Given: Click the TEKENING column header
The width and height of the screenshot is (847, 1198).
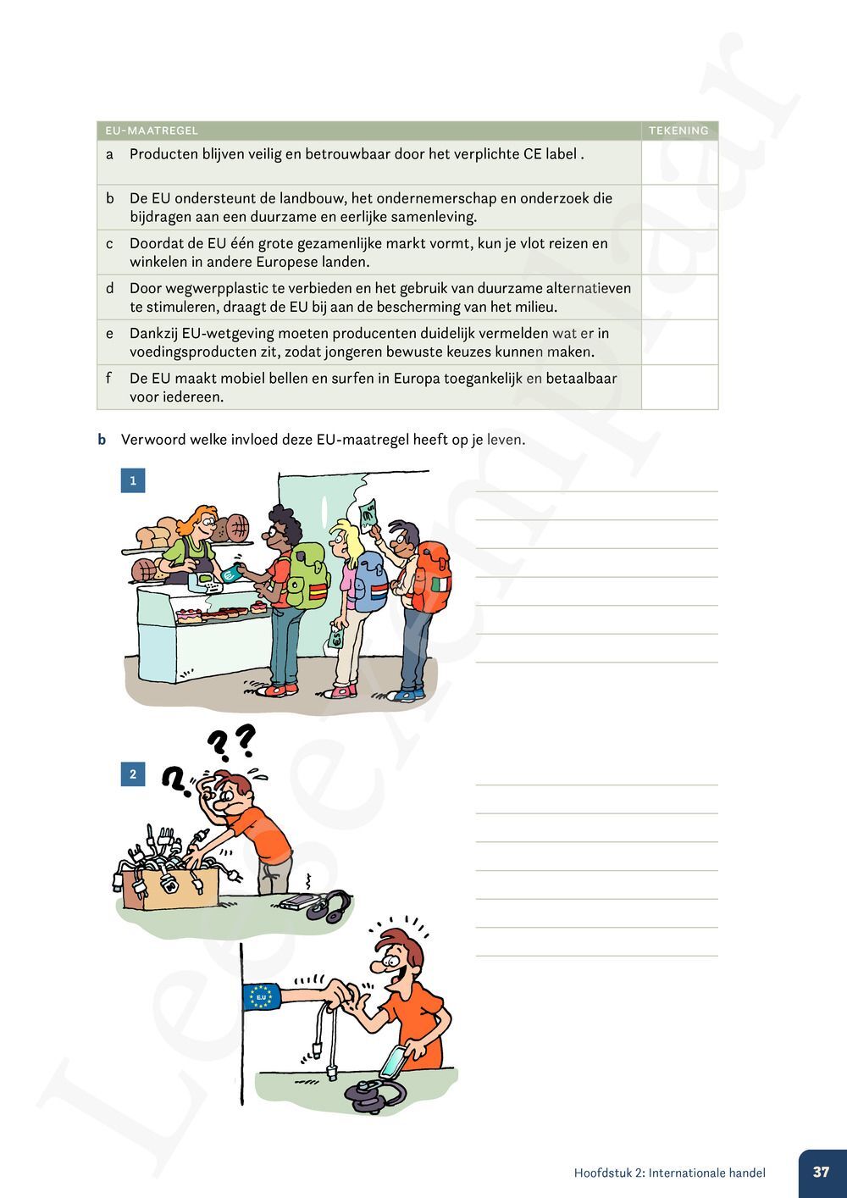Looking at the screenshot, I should pos(678,130).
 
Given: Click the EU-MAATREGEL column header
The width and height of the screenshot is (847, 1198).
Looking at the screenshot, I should pos(152,130).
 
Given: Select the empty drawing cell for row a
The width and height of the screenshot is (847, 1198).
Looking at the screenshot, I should pos(679,162).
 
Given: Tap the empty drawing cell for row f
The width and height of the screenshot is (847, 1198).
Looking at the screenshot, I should pos(679,387).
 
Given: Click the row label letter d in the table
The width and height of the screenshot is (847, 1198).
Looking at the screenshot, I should pos(109,288).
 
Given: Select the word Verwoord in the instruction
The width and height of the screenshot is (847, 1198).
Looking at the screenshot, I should pos(150,440).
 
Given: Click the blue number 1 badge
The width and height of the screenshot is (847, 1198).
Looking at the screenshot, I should pos(133,480).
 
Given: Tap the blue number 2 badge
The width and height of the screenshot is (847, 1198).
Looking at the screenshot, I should pos(133,774).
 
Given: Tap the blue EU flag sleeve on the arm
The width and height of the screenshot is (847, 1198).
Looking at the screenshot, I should pos(262,997).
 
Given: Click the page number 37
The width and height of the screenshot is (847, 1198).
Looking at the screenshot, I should pos(821,1173).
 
